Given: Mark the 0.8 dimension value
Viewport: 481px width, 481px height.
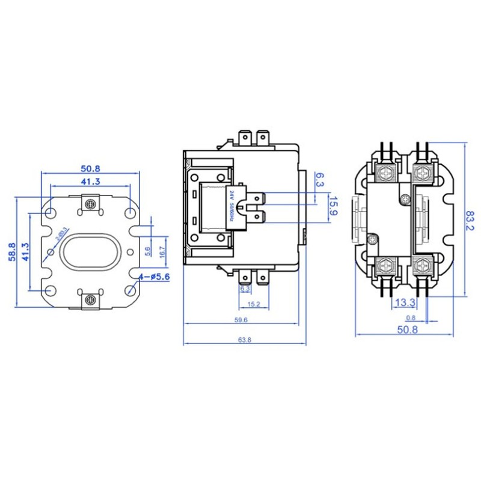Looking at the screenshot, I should [x=411, y=317].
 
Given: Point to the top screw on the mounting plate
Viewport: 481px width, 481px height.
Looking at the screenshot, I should [x=91, y=204].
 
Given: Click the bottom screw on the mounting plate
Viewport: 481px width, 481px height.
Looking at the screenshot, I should [x=91, y=298].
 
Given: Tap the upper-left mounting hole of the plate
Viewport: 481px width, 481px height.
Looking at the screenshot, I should [x=51, y=213].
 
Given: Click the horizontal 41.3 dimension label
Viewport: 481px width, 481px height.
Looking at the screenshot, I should [x=90, y=181].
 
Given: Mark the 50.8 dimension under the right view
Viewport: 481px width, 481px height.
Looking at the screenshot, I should [x=408, y=329].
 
